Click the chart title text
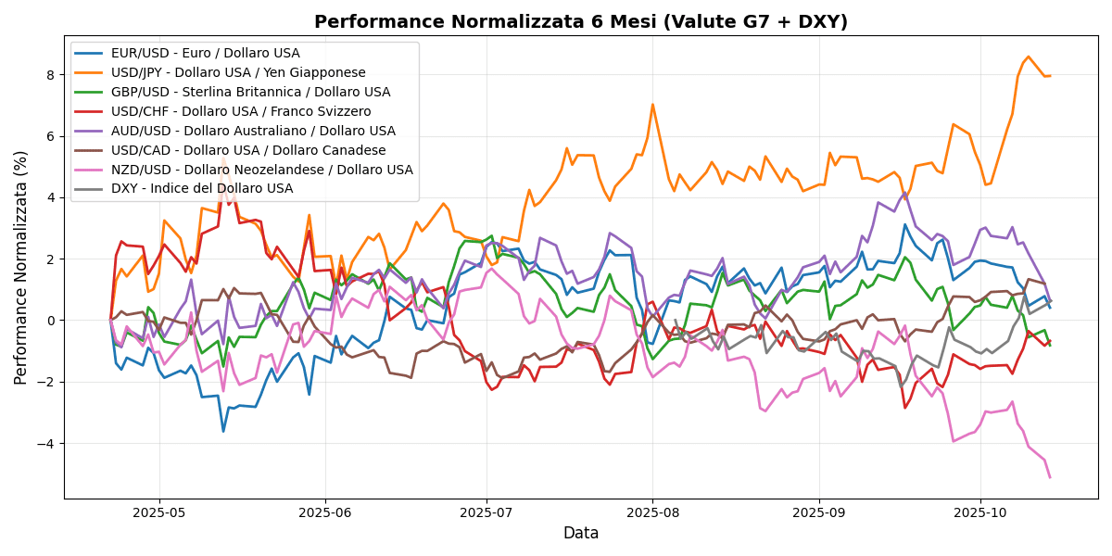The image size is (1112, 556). click(x=580, y=22)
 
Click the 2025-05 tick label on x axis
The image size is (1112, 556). click(x=159, y=512)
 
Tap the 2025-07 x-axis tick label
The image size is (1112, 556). click(x=487, y=512)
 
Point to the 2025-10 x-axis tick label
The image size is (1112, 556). click(x=980, y=512)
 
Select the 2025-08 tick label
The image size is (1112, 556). click(x=652, y=512)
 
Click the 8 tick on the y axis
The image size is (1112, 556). click(x=52, y=74)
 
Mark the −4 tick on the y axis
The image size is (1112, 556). click(x=48, y=444)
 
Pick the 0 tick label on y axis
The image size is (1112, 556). click(x=52, y=321)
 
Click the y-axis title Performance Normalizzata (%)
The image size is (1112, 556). click(x=21, y=269)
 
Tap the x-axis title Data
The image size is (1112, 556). click(x=581, y=534)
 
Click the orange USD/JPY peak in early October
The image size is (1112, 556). click(x=1028, y=57)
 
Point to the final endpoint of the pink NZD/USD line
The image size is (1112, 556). click(x=1050, y=477)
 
